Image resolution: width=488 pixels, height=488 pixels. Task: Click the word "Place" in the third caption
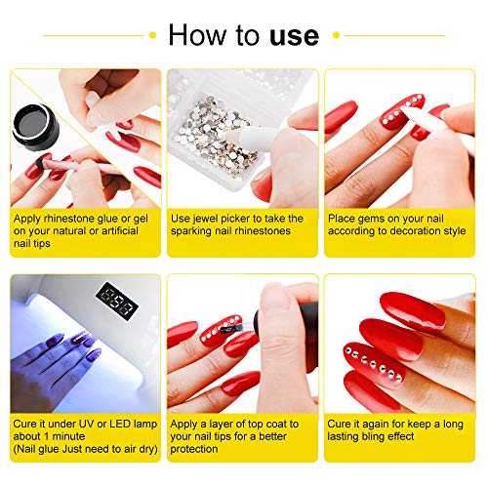tap(347, 219)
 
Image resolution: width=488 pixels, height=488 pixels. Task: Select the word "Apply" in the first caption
tap(31, 219)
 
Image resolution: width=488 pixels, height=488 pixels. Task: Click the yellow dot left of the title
tap(153, 36)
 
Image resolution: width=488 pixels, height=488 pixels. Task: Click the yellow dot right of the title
tap(335, 36)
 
